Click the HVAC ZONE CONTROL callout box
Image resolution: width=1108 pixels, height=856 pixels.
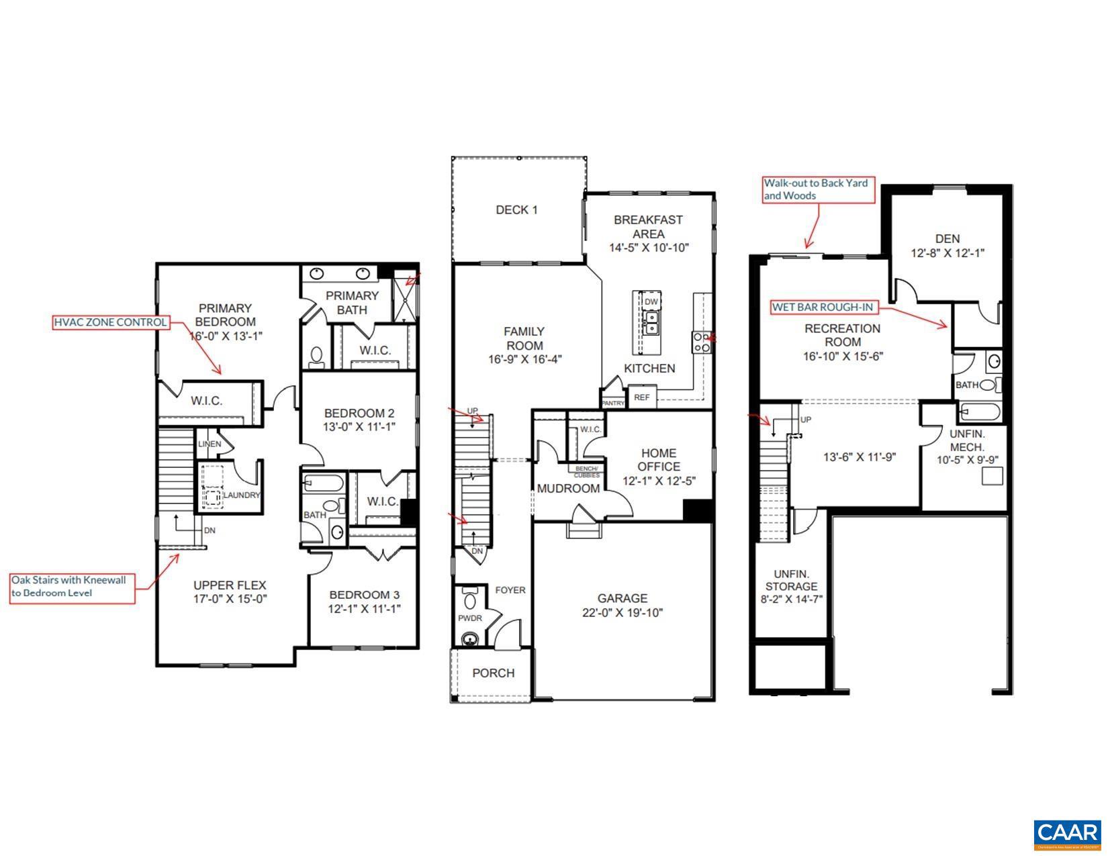(110, 322)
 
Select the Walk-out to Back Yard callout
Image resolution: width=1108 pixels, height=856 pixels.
(819, 189)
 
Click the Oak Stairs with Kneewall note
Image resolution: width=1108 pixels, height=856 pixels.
(72, 586)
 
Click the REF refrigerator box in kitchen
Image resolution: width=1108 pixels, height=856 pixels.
(642, 397)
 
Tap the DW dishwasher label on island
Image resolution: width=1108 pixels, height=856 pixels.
(651, 302)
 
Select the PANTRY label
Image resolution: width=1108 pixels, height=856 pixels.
(612, 403)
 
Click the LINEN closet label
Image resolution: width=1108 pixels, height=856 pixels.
(209, 444)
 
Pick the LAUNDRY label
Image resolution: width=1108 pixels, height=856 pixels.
(241, 495)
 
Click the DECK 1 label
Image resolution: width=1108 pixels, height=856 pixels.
(516, 210)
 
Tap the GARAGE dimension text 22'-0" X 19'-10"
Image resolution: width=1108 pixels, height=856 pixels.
(622, 613)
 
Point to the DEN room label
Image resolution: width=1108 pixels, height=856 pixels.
(947, 238)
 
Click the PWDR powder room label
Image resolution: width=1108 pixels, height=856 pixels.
(470, 618)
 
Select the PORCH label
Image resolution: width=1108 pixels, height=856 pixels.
(493, 673)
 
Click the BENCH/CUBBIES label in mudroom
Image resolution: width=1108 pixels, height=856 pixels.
(586, 471)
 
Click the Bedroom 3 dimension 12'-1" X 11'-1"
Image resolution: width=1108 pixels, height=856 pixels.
(364, 610)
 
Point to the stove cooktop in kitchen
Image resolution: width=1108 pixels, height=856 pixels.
(702, 342)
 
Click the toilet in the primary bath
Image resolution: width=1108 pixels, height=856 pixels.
(317, 355)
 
